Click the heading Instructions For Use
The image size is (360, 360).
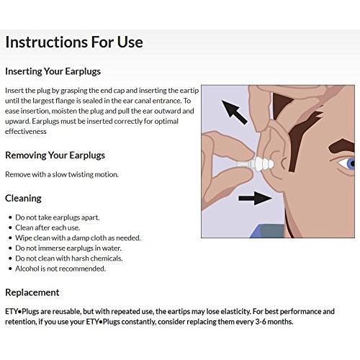(74, 42)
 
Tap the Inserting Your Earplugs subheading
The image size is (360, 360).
(53, 71)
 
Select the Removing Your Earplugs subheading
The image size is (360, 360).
(55, 156)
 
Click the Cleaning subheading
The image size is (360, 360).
(23, 199)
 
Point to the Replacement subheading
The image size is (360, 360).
(32, 292)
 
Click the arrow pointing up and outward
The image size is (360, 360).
(234, 112)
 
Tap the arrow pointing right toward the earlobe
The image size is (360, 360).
(256, 198)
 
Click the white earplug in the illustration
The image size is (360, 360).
(256, 164)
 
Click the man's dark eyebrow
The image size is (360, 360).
(342, 146)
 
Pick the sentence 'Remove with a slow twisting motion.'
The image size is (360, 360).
(62, 174)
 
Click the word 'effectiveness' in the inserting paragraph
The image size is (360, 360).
(26, 132)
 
